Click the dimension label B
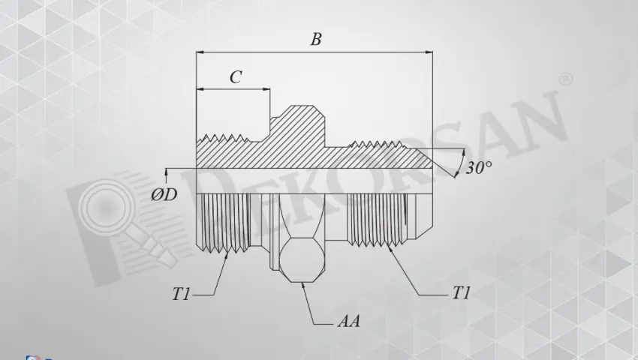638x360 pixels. (316, 40)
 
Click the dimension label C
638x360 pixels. (235, 77)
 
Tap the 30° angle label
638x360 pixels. (478, 168)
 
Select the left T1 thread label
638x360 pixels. (181, 294)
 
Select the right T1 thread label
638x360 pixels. (461, 294)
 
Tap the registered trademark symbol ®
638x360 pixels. (566, 79)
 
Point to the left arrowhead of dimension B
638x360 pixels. (200, 52)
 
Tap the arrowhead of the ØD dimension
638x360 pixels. (166, 174)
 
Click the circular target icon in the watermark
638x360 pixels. (101, 203)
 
